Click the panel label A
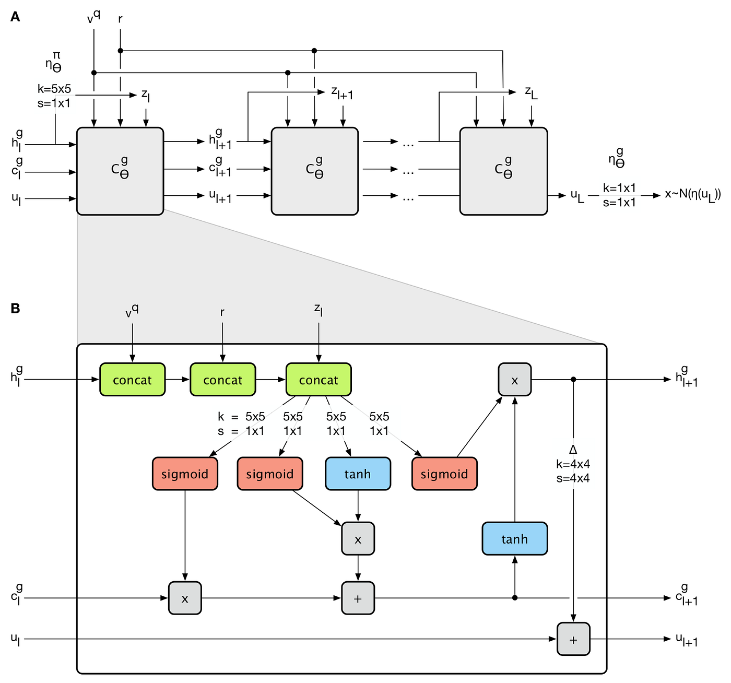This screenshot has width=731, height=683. coord(15,17)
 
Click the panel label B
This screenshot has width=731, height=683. coord(15,309)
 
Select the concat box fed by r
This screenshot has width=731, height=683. coord(223,380)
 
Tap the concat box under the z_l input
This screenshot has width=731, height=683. coord(319,380)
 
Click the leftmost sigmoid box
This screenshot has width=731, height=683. coord(185,474)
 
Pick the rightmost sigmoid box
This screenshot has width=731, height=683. coord(444,474)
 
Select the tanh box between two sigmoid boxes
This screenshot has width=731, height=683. coord(358,474)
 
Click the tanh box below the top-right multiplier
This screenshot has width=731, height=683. coord(514,538)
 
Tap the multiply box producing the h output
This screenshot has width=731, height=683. coord(514,380)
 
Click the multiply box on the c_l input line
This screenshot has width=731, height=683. coord(185,598)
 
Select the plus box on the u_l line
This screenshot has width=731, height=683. coord(573,639)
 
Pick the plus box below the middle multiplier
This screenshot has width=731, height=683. coord(358,598)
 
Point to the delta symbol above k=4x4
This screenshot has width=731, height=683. coord(573,450)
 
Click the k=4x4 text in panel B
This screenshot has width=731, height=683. coord(573,464)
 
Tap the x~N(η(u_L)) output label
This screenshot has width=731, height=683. coord(692,195)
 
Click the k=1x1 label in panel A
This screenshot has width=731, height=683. coord(619,188)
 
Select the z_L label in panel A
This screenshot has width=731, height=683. coord(531,92)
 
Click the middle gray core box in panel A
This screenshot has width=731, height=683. coord(314,171)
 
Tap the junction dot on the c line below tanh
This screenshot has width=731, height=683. coord(515,597)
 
